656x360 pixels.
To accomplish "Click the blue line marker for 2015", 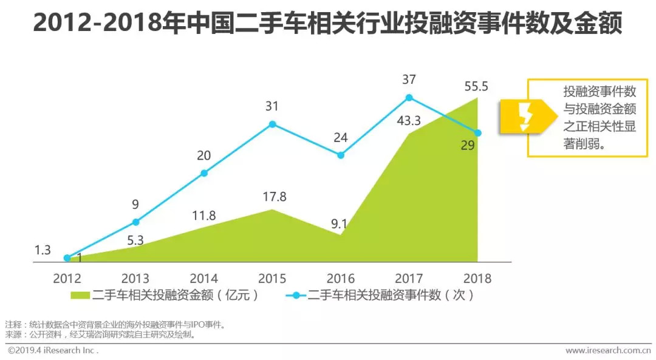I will pos(272,124).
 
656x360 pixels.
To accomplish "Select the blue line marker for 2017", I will pos(409,97).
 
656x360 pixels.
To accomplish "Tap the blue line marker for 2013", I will pos(135,222).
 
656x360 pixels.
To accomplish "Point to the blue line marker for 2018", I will pos(477,133).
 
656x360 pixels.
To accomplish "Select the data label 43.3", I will pos(408,121).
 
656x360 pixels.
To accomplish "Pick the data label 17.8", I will pos(273,197).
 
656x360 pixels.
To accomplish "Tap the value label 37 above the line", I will pos(408,80).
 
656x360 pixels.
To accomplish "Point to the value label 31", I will pos(272,106).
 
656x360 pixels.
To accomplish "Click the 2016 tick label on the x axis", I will pos(341,279).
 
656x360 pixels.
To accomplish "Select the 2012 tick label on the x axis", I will pos(67,279).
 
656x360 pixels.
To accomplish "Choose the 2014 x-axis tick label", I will pos(204,279).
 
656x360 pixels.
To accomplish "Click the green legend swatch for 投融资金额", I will pos(80,296).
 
